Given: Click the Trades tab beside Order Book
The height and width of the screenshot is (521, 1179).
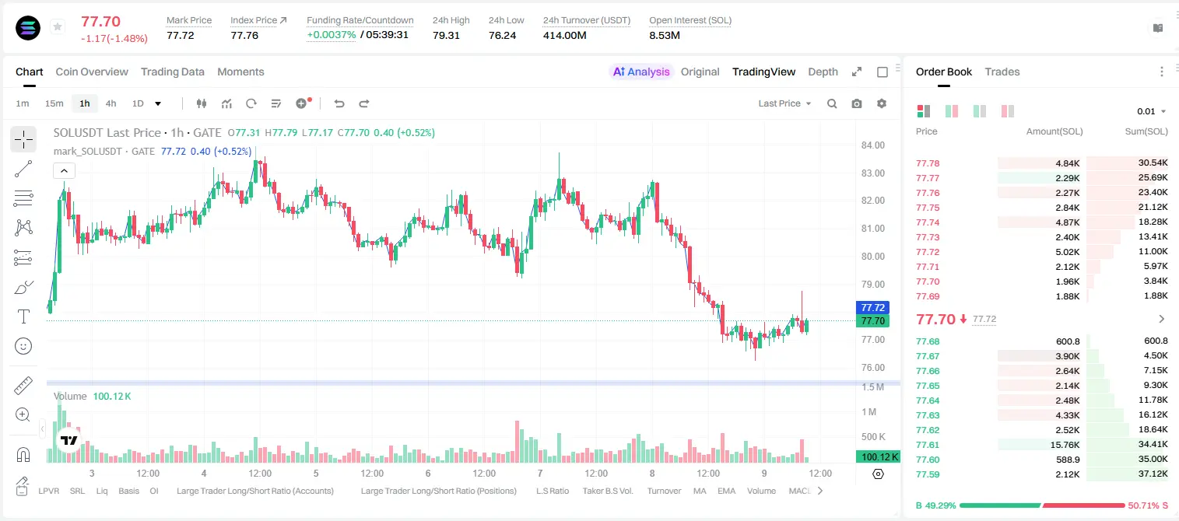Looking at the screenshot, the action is [x=1002, y=72].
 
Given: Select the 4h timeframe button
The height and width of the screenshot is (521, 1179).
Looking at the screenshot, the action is [x=111, y=103].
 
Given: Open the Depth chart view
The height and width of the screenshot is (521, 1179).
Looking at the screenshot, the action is [x=823, y=72].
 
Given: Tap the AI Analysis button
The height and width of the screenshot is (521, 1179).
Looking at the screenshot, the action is [x=641, y=72].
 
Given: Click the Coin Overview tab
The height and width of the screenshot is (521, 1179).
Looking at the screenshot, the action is [x=92, y=72].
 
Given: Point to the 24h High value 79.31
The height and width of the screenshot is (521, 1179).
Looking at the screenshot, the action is [x=446, y=35].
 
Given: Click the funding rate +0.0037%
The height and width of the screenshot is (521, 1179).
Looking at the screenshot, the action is [x=331, y=35].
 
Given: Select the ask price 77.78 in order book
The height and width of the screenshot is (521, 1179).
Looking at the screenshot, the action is [x=928, y=163].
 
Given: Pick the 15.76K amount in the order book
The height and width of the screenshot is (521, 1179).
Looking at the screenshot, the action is [x=1065, y=445].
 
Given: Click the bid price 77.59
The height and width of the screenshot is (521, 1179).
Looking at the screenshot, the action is [x=928, y=474].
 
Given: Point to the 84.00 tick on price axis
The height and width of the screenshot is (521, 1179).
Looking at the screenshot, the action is [x=872, y=145].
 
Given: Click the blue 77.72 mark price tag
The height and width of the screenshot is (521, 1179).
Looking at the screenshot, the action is [x=872, y=308].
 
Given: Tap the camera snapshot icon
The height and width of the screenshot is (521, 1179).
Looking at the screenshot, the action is [x=857, y=103].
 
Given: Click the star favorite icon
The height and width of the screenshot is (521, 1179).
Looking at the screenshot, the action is [x=58, y=26].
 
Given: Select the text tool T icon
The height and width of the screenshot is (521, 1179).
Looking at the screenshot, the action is [x=23, y=316].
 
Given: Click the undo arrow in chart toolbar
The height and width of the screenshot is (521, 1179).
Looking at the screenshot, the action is [x=339, y=103].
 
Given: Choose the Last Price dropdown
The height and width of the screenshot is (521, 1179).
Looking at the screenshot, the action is [x=784, y=103].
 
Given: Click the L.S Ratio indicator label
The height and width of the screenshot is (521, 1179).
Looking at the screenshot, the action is [x=552, y=491].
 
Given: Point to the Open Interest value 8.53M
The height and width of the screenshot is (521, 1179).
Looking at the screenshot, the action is [x=665, y=35].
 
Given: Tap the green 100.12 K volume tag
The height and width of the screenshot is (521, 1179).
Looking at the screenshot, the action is [x=878, y=457].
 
